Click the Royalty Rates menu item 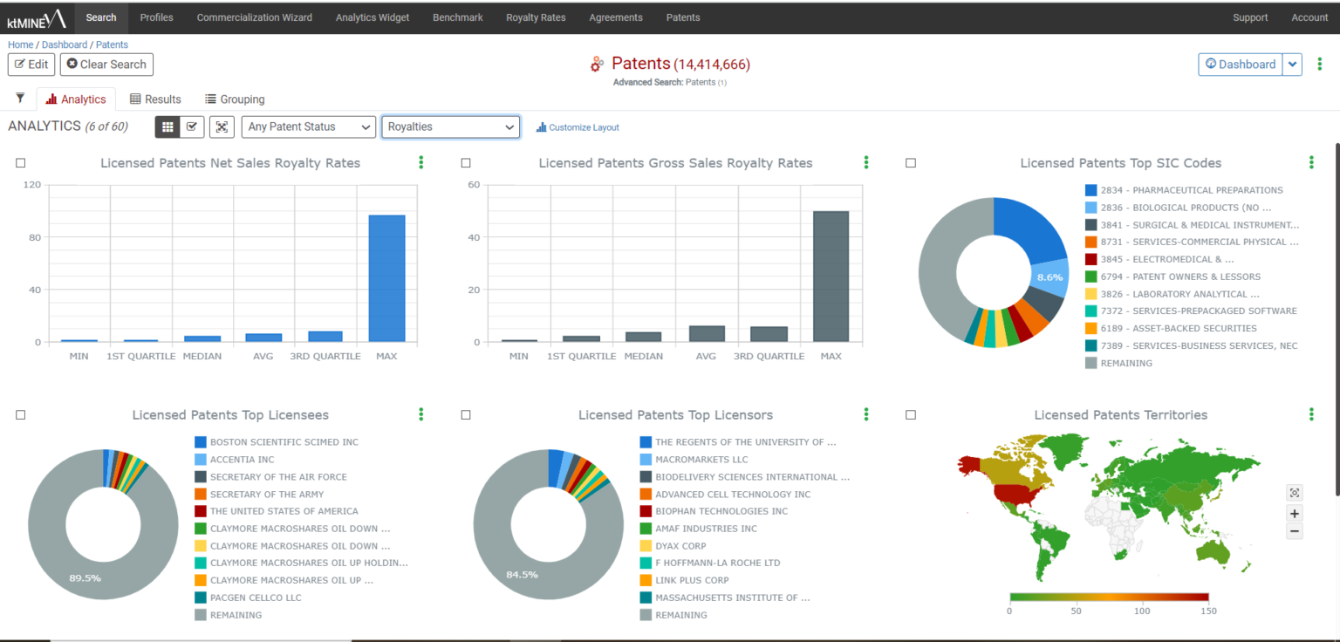click(536, 17)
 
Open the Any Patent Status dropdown click(309, 127)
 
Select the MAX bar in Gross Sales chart click(831, 277)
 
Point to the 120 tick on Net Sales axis click(32, 185)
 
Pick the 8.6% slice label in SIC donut click(1049, 277)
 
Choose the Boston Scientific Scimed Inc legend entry click(284, 442)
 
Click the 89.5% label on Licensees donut click(85, 577)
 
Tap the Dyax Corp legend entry click(680, 546)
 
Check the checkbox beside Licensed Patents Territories click(911, 415)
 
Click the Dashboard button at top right click(1240, 64)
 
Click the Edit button click(31, 65)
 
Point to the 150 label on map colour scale click(1208, 611)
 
